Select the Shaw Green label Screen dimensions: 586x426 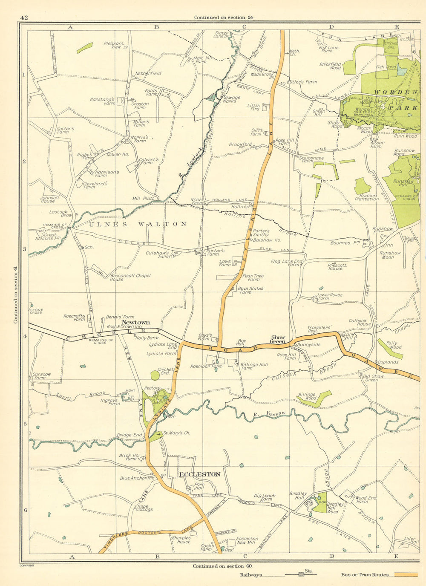(278, 339)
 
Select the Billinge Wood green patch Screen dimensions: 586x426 (314, 398)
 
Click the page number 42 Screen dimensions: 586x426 (24, 17)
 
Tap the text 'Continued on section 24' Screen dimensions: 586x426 (224, 17)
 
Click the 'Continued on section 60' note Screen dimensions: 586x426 (222, 566)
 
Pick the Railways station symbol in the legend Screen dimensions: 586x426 (301, 574)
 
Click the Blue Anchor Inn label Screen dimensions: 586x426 (137, 478)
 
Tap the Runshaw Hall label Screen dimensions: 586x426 (403, 183)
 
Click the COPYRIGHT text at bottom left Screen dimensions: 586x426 (27, 566)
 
